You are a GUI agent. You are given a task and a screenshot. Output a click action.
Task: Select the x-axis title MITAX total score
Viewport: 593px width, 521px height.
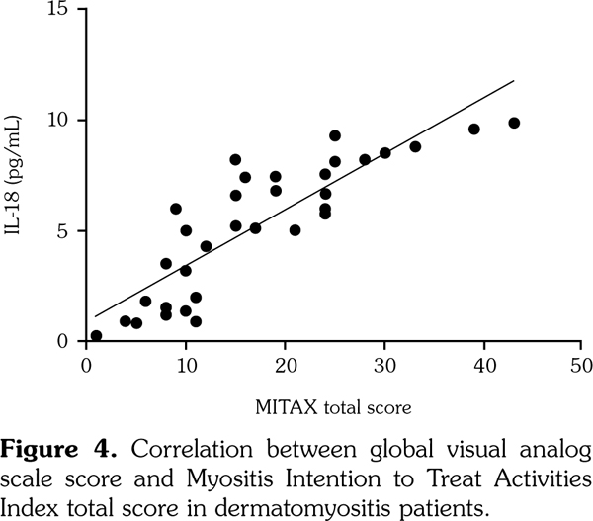[x=333, y=405]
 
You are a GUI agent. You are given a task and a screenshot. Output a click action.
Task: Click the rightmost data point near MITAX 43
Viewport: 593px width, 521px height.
[x=514, y=123]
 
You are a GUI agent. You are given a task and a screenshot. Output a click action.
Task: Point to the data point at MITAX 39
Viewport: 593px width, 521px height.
[x=474, y=129]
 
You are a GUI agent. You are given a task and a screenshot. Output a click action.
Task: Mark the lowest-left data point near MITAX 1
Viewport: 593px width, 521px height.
[x=96, y=336]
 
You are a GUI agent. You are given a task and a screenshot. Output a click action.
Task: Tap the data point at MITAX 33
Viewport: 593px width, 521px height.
[x=415, y=146]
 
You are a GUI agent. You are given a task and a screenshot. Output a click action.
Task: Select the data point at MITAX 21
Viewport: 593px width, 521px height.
[x=295, y=230]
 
